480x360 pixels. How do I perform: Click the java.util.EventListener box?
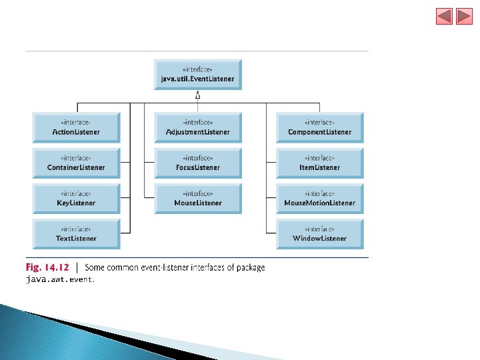(197, 75)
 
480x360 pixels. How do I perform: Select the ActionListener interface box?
(76, 127)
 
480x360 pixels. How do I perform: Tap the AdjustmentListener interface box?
(198, 127)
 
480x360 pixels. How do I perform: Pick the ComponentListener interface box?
(320, 127)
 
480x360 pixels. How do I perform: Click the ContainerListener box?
(76, 163)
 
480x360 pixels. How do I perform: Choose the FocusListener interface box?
(198, 163)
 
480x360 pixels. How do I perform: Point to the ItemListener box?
(320, 163)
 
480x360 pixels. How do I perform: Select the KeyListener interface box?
(76, 198)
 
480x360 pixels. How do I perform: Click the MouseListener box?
(198, 198)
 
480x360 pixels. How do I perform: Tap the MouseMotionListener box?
(320, 198)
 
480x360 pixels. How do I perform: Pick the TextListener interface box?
(76, 233)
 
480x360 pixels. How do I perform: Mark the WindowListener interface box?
(320, 233)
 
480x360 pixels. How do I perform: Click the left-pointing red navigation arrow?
(444, 16)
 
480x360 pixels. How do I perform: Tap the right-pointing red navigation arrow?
(465, 16)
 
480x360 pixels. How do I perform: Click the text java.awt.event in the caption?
(60, 280)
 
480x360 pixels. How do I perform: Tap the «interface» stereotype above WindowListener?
(320, 229)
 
